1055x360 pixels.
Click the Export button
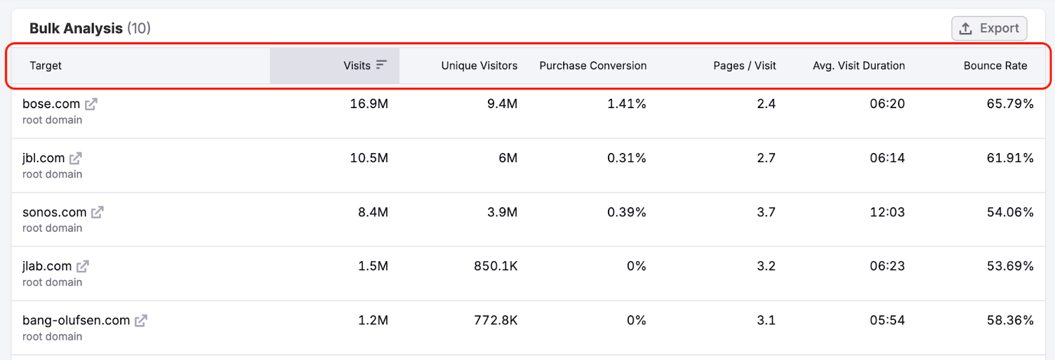click(x=989, y=28)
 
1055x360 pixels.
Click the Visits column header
click(x=357, y=66)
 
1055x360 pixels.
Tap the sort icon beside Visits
click(x=381, y=65)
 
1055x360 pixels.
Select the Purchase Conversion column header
click(x=593, y=66)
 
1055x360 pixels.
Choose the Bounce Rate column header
click(x=995, y=66)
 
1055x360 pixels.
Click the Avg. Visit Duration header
click(x=859, y=66)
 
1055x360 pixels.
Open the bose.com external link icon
click(x=91, y=104)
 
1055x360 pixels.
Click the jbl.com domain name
click(x=44, y=158)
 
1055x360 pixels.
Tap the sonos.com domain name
click(x=54, y=212)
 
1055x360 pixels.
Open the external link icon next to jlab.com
click(x=82, y=266)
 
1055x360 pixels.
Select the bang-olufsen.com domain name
click(x=76, y=320)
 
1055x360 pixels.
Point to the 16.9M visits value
click(x=369, y=104)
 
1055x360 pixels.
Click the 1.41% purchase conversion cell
click(x=626, y=104)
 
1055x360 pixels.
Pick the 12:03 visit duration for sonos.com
click(x=887, y=212)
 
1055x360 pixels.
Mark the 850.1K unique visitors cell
click(x=495, y=266)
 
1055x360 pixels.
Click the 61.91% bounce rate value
click(x=1010, y=158)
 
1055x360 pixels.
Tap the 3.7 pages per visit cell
click(x=766, y=212)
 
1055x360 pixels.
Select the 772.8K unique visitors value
click(x=495, y=320)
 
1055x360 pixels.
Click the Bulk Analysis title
click(x=76, y=28)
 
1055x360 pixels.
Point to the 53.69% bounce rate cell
click(x=1010, y=266)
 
